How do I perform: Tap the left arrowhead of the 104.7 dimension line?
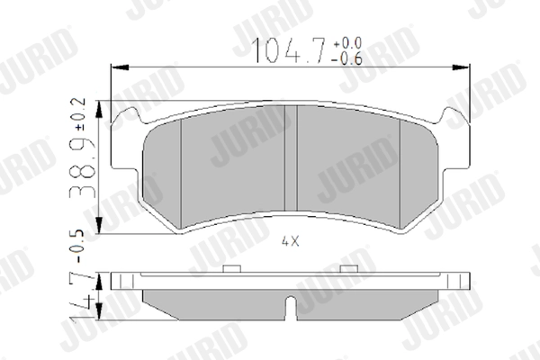pos(114,67)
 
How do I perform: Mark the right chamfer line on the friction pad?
pos(399,171)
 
